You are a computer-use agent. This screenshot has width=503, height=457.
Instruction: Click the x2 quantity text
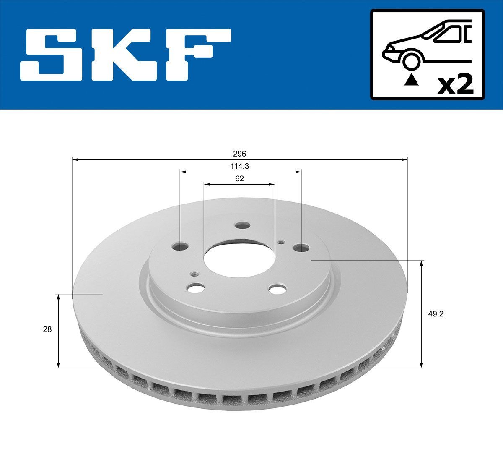pos(455,85)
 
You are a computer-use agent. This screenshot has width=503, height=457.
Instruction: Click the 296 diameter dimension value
pos(240,154)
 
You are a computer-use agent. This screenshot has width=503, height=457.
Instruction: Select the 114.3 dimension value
pos(240,166)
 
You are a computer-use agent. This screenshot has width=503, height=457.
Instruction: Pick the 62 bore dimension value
pos(239,178)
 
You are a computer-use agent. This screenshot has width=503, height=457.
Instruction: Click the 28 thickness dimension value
pos(47,329)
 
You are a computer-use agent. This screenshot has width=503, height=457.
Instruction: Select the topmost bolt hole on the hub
pos(242,226)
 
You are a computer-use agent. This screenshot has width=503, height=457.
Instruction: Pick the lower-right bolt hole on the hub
pos(277,289)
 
